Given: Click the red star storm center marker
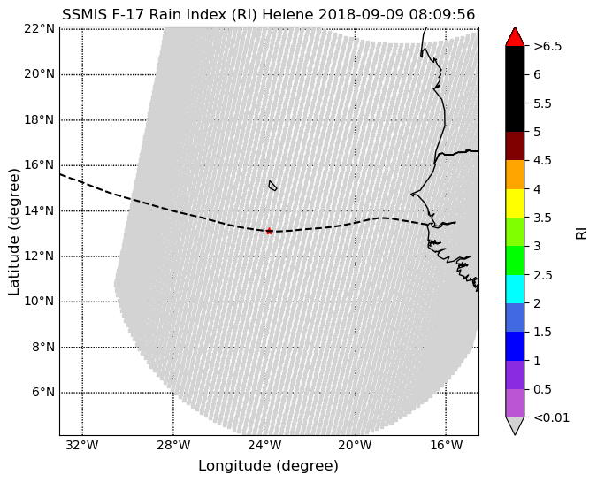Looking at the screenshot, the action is coord(269,231).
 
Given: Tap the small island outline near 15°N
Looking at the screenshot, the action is coord(272,186).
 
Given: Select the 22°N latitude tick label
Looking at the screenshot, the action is coord(40,28).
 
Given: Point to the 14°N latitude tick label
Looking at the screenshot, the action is coord(40,210).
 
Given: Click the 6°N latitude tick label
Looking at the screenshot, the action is coord(42,392).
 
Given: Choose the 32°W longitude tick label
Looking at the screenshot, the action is coord(82,445).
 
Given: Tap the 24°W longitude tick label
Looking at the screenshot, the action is coord(264,445).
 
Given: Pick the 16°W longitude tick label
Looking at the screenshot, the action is coord(447,445).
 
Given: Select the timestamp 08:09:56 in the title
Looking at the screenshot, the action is coord(442,15).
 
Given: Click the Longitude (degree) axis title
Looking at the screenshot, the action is coord(268,465).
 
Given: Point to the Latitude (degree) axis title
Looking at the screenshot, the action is coord(13,232).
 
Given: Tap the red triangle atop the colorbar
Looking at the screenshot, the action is coord(515,36).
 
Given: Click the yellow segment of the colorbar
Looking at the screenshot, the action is coord(515,203).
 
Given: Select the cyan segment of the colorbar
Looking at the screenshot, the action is coord(515,289).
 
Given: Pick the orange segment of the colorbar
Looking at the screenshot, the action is coord(515,175).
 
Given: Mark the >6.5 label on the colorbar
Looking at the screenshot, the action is coord(547,47).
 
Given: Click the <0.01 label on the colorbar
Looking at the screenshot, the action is coord(552,417).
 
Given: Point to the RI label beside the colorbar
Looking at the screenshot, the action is coord(581,232).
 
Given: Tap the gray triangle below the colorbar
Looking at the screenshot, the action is coord(515,426).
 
